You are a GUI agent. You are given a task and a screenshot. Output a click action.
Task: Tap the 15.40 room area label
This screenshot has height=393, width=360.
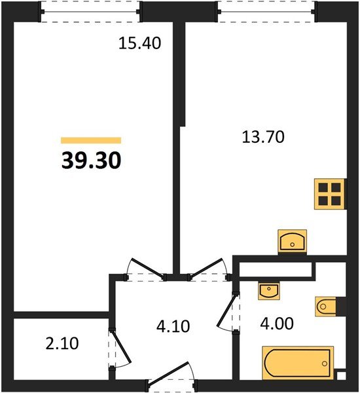(139, 44)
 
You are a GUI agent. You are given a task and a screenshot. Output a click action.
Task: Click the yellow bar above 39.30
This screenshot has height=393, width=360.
(91, 140)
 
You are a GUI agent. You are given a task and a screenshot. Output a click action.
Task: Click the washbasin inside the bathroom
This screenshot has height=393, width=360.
(269, 290)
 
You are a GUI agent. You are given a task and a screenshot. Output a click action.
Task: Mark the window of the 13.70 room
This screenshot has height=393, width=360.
(265, 11)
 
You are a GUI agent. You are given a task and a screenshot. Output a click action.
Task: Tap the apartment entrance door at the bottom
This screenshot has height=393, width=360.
(169, 383)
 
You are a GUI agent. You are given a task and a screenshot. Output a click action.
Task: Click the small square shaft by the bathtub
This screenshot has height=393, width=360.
(340, 376)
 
